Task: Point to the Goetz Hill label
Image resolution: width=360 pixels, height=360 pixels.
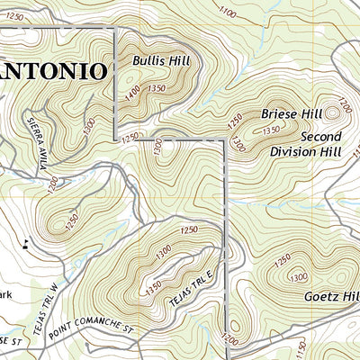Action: [x=332, y=295]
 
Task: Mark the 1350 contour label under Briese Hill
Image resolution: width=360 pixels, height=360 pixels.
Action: [x=270, y=130]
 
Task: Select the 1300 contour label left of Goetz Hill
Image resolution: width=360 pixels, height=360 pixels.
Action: [x=298, y=276]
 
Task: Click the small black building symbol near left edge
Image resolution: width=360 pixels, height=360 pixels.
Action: [x=26, y=241]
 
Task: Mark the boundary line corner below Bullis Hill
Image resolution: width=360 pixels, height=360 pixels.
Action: [x=117, y=139]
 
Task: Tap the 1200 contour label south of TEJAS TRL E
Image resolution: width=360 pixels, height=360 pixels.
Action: [x=229, y=340]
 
